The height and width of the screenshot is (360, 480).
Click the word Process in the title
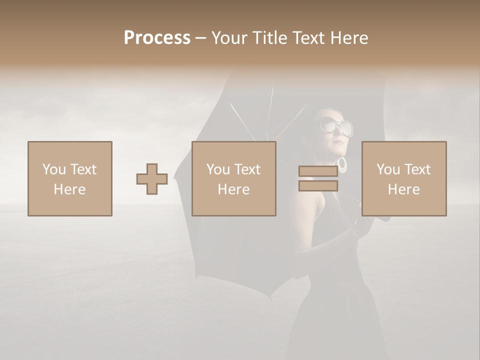pyautogui.click(x=157, y=38)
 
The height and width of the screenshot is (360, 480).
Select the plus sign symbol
pyautogui.click(x=152, y=179)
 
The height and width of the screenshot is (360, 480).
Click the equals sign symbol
pyautogui.click(x=318, y=178)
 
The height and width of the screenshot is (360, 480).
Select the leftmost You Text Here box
pyautogui.click(x=70, y=178)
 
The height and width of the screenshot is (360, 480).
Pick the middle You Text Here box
pyautogui.click(x=234, y=178)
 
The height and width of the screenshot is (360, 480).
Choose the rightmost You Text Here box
pyautogui.click(x=404, y=178)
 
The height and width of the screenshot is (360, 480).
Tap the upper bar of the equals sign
pyautogui.click(x=318, y=171)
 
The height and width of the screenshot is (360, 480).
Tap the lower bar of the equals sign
pyautogui.click(x=318, y=186)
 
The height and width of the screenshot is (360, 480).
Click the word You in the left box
pyautogui.click(x=54, y=169)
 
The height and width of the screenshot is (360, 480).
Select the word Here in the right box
pyautogui.click(x=404, y=189)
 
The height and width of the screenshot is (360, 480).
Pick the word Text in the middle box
pyautogui.click(x=247, y=169)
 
